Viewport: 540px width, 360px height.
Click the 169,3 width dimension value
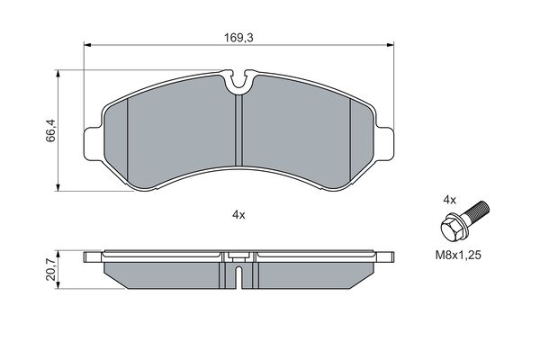click(x=238, y=38)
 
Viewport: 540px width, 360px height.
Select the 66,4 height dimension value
click(x=50, y=130)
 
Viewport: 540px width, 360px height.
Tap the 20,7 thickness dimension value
click(x=50, y=269)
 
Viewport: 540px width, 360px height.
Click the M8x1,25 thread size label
click(x=458, y=256)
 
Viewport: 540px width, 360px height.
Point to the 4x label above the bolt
click(x=449, y=200)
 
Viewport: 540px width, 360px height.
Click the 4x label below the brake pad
click(x=238, y=215)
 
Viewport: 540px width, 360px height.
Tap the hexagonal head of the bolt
click(x=453, y=228)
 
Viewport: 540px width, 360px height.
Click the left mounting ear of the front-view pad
click(x=94, y=144)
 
